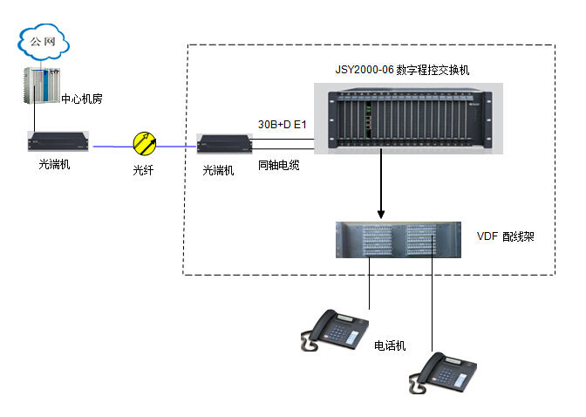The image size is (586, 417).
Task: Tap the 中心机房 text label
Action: pyautogui.click(x=83, y=99)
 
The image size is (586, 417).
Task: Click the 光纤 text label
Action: pyautogui.click(x=143, y=171)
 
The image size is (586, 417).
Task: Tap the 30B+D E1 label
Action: pyautogui.click(x=283, y=125)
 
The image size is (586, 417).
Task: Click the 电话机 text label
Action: pyautogui.click(x=390, y=346)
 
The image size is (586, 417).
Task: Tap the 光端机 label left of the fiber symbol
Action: pyautogui.click(x=54, y=165)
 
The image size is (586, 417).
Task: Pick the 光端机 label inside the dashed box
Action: pyautogui.click(x=218, y=171)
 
